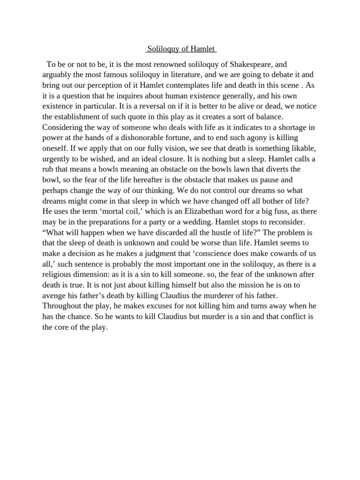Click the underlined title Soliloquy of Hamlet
tap(180, 49)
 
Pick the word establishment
tap(82, 116)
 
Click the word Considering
tap(63, 127)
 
